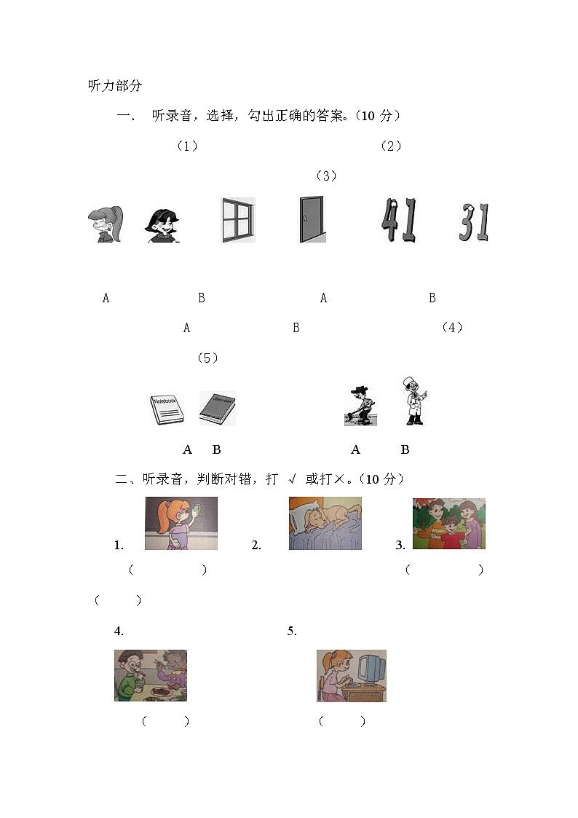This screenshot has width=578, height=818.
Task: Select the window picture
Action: click(x=238, y=220)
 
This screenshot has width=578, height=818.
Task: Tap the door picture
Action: click(x=312, y=219)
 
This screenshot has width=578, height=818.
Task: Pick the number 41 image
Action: click(x=400, y=221)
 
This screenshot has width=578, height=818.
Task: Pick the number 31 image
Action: click(x=474, y=222)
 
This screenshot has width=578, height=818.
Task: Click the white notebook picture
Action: click(x=167, y=410)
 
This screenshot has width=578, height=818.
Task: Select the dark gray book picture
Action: click(x=217, y=409)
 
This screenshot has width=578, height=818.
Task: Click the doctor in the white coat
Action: click(x=414, y=401)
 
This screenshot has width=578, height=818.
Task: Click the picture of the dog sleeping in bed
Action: click(x=325, y=523)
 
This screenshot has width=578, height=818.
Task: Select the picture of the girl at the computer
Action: click(x=351, y=676)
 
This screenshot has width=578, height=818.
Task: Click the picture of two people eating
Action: click(x=150, y=676)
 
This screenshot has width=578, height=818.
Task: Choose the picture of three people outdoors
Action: click(x=448, y=523)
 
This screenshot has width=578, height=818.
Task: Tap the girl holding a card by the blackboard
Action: click(x=181, y=523)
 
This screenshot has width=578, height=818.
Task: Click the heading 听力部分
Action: click(x=114, y=86)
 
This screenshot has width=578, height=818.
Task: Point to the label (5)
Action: click(x=207, y=358)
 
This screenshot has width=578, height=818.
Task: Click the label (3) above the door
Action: click(x=325, y=176)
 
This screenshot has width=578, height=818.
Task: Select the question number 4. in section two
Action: click(x=119, y=631)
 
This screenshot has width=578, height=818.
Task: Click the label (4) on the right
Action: click(x=452, y=328)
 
